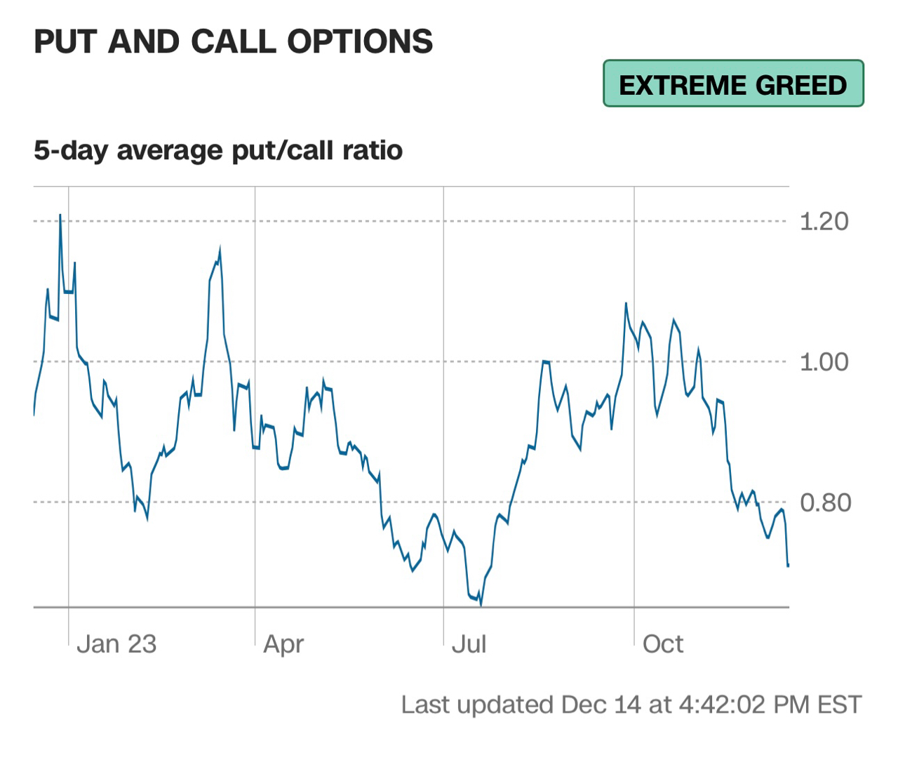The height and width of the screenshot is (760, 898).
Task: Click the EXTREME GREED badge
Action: point(733,84)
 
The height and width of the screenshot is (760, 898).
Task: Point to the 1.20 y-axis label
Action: point(824,222)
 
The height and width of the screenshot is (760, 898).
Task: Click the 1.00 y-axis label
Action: point(824,362)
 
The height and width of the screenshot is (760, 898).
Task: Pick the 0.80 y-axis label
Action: point(825,503)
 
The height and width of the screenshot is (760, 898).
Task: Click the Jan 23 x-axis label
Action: point(116,644)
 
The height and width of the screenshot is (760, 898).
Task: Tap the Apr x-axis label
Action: point(283,644)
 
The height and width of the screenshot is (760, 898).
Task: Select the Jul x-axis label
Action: point(469,644)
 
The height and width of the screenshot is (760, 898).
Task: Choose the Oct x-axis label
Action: point(662,644)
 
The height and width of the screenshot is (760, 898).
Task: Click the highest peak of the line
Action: point(60,215)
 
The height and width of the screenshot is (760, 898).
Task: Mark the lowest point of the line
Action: point(481,605)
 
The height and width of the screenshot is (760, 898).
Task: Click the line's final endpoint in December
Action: point(788,565)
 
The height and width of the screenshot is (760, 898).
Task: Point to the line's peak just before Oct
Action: point(626,303)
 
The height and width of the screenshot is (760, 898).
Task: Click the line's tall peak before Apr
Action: point(220,248)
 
